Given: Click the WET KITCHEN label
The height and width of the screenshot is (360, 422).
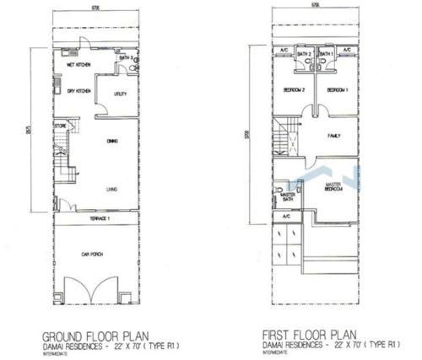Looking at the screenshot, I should (x=78, y=64).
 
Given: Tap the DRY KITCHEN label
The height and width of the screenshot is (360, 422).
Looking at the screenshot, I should (x=78, y=91).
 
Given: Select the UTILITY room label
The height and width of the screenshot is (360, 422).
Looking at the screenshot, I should (x=121, y=94).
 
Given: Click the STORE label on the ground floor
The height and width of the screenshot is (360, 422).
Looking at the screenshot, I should (x=61, y=126).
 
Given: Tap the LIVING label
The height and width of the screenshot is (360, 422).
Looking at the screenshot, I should (x=111, y=189).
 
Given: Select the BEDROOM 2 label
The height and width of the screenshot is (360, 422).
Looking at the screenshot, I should (x=294, y=89).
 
